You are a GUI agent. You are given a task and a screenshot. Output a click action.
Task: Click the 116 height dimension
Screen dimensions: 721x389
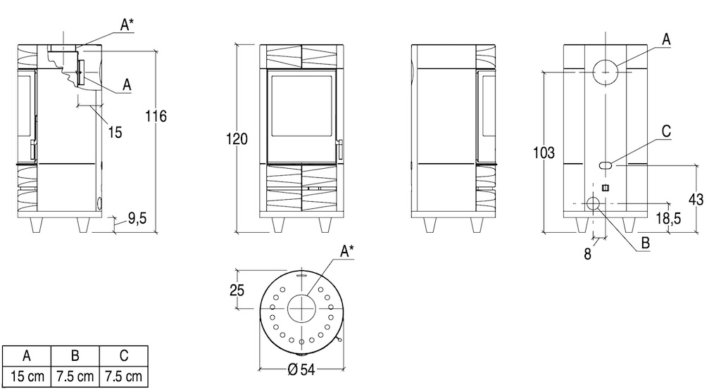(156, 116)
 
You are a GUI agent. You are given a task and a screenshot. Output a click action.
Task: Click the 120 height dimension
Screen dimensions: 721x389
(237, 139)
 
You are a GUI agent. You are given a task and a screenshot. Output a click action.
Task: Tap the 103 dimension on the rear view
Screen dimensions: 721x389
(544, 153)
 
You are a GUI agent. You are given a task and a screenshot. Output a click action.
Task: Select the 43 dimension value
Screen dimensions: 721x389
(696, 199)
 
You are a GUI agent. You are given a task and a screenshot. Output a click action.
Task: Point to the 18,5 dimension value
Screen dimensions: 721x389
(669, 218)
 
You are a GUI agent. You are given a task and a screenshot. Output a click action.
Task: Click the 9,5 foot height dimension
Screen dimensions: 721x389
(137, 218)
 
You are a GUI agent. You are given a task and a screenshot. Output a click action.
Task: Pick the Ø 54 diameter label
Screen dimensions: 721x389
(301, 369)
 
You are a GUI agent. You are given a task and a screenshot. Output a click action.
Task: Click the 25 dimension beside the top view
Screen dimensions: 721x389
(237, 291)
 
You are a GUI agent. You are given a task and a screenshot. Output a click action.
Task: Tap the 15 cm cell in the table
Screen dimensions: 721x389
(27, 377)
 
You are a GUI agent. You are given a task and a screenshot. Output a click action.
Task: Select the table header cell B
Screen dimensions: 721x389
(75, 356)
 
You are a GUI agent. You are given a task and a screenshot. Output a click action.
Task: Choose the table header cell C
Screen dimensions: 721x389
(124, 356)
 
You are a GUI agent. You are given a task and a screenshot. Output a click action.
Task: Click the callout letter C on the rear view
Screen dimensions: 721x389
(666, 132)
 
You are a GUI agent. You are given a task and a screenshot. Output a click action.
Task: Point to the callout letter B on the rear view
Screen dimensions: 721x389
(645, 243)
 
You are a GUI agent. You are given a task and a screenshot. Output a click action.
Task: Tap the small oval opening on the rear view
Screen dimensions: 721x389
(606, 165)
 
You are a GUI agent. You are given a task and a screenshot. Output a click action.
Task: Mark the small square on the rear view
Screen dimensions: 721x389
(606, 188)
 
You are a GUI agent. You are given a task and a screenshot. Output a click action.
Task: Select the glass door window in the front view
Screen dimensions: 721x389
(301, 106)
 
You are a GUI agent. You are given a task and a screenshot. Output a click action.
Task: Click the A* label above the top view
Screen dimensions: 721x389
(347, 251)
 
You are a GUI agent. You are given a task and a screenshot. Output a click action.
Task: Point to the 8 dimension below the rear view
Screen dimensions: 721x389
(587, 253)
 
